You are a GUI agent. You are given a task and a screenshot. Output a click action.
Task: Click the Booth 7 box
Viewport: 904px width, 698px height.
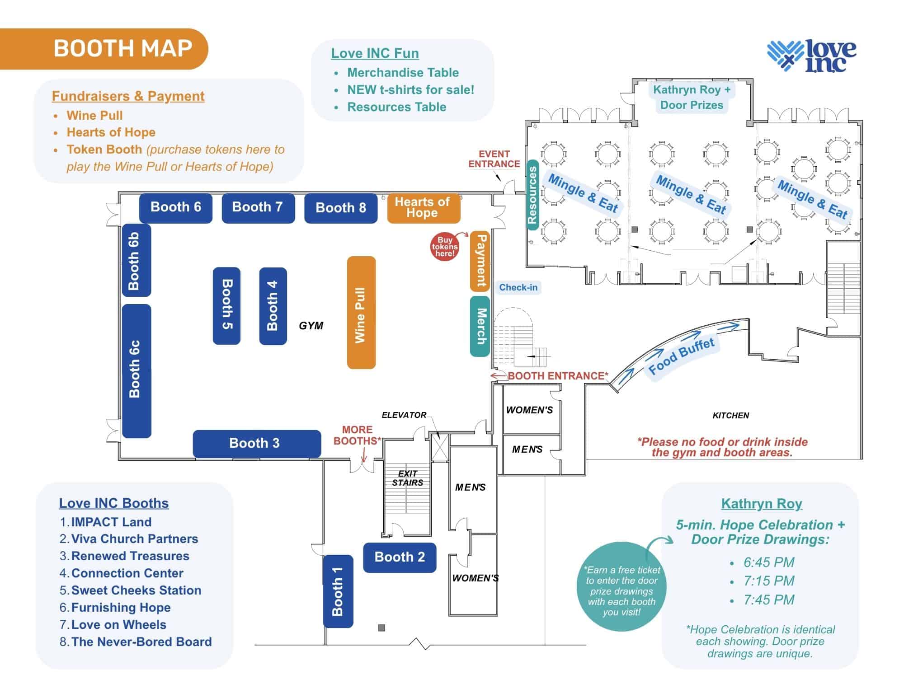pos(258,208)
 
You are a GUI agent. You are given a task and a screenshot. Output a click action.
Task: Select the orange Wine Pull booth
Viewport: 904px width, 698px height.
pos(361,313)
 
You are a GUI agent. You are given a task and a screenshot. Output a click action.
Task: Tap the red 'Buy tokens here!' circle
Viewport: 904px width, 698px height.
pos(445,247)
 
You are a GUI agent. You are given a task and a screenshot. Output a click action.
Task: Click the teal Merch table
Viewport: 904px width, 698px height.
pos(480,326)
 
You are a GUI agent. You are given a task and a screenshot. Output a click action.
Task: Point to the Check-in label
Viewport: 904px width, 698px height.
pos(518,288)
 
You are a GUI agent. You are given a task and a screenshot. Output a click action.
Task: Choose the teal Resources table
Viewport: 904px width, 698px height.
pos(532,195)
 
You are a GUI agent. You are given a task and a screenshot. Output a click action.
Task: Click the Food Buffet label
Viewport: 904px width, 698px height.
pos(681,356)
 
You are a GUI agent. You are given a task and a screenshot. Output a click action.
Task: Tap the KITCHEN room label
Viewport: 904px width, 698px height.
pos(730,416)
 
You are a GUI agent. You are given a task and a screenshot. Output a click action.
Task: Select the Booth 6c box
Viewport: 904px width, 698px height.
pos(136,370)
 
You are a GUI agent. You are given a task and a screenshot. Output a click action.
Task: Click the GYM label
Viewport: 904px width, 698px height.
pos(311,326)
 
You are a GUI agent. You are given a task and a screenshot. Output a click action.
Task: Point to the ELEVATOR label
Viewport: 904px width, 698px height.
pos(404,415)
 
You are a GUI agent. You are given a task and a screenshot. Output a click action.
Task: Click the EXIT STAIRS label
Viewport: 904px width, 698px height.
pos(407,478)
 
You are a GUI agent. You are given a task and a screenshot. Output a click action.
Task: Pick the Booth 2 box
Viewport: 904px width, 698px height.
pos(400,557)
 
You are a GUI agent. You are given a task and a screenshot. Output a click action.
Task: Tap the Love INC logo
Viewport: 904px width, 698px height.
pos(811,56)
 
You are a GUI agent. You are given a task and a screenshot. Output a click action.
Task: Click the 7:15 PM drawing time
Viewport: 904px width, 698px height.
pos(768,581)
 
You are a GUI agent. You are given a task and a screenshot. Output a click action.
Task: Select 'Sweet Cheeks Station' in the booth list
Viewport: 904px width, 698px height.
pos(136,590)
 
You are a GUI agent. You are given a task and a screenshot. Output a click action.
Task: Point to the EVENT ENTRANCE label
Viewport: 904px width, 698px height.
pos(494,159)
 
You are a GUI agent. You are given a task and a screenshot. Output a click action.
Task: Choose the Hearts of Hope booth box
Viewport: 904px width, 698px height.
pos(423,208)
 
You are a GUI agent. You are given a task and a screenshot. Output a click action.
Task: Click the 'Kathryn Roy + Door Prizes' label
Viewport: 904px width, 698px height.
pos(692,98)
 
